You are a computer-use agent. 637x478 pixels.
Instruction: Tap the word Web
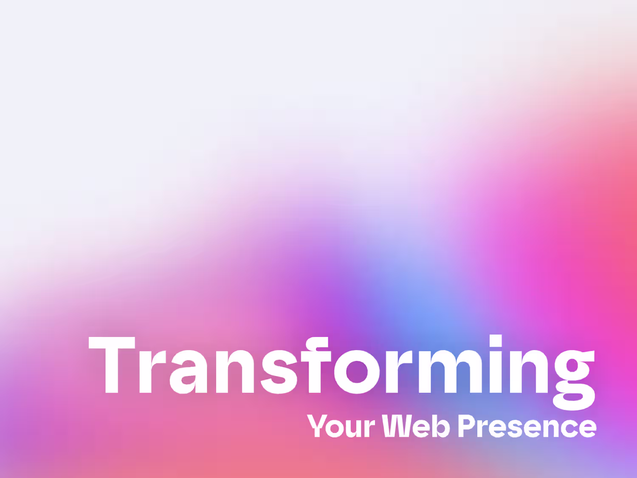tap(416, 425)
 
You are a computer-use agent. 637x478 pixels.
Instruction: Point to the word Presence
tap(527, 426)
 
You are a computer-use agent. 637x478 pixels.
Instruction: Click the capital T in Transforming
tap(112, 365)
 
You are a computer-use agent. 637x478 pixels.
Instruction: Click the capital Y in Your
tap(317, 425)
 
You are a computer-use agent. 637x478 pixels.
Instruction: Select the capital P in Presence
tap(467, 425)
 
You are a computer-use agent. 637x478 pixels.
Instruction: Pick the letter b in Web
tap(441, 425)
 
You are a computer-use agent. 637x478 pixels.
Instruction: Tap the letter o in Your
tap(335, 429)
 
